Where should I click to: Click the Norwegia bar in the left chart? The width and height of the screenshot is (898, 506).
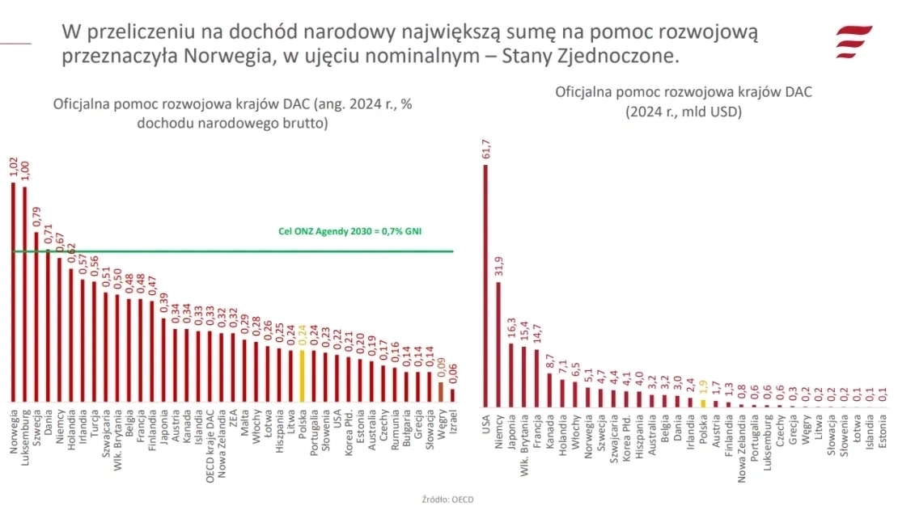tap(13, 291)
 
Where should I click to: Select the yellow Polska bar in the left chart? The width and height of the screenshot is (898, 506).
tap(303, 376)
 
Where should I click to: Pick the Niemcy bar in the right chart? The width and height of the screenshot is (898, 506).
tap(498, 344)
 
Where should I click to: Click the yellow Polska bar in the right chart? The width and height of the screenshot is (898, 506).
tap(703, 403)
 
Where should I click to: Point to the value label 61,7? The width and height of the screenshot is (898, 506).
tap(485, 149)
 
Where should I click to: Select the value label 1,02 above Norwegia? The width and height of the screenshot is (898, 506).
tap(13, 167)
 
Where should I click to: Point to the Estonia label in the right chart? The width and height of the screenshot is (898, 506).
tap(883, 432)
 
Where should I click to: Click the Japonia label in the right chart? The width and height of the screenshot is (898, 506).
tap(511, 433)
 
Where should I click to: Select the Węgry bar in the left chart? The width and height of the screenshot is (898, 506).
tap(441, 392)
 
